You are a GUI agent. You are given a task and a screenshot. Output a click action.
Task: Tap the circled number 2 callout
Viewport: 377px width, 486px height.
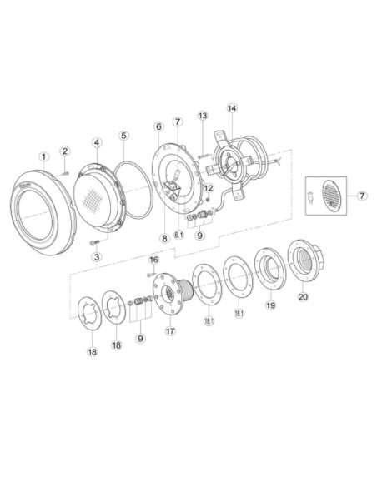64,151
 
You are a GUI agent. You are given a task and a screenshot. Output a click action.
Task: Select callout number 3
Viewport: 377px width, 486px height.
96,257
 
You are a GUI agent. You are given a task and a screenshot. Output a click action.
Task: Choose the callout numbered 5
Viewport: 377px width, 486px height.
123,136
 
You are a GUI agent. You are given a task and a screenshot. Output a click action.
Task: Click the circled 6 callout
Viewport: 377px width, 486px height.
158,126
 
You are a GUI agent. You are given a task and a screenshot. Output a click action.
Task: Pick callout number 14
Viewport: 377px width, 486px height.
232,108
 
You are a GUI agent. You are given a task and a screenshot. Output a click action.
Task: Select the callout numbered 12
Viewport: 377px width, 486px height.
209,188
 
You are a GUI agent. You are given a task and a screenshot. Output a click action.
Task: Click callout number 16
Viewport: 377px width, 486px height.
153,260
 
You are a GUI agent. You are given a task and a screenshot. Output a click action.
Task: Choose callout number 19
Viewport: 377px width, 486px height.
270,305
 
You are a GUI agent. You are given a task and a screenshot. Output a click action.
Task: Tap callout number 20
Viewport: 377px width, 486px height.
302,297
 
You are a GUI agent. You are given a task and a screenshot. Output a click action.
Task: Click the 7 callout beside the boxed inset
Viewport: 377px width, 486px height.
362,196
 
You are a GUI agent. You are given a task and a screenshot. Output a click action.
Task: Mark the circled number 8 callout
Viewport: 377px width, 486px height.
165,238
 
